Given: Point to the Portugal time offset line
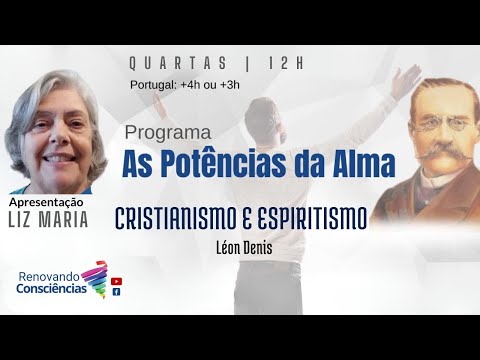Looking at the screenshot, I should coord(184,84).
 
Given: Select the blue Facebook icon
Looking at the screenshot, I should coord(117,292).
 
